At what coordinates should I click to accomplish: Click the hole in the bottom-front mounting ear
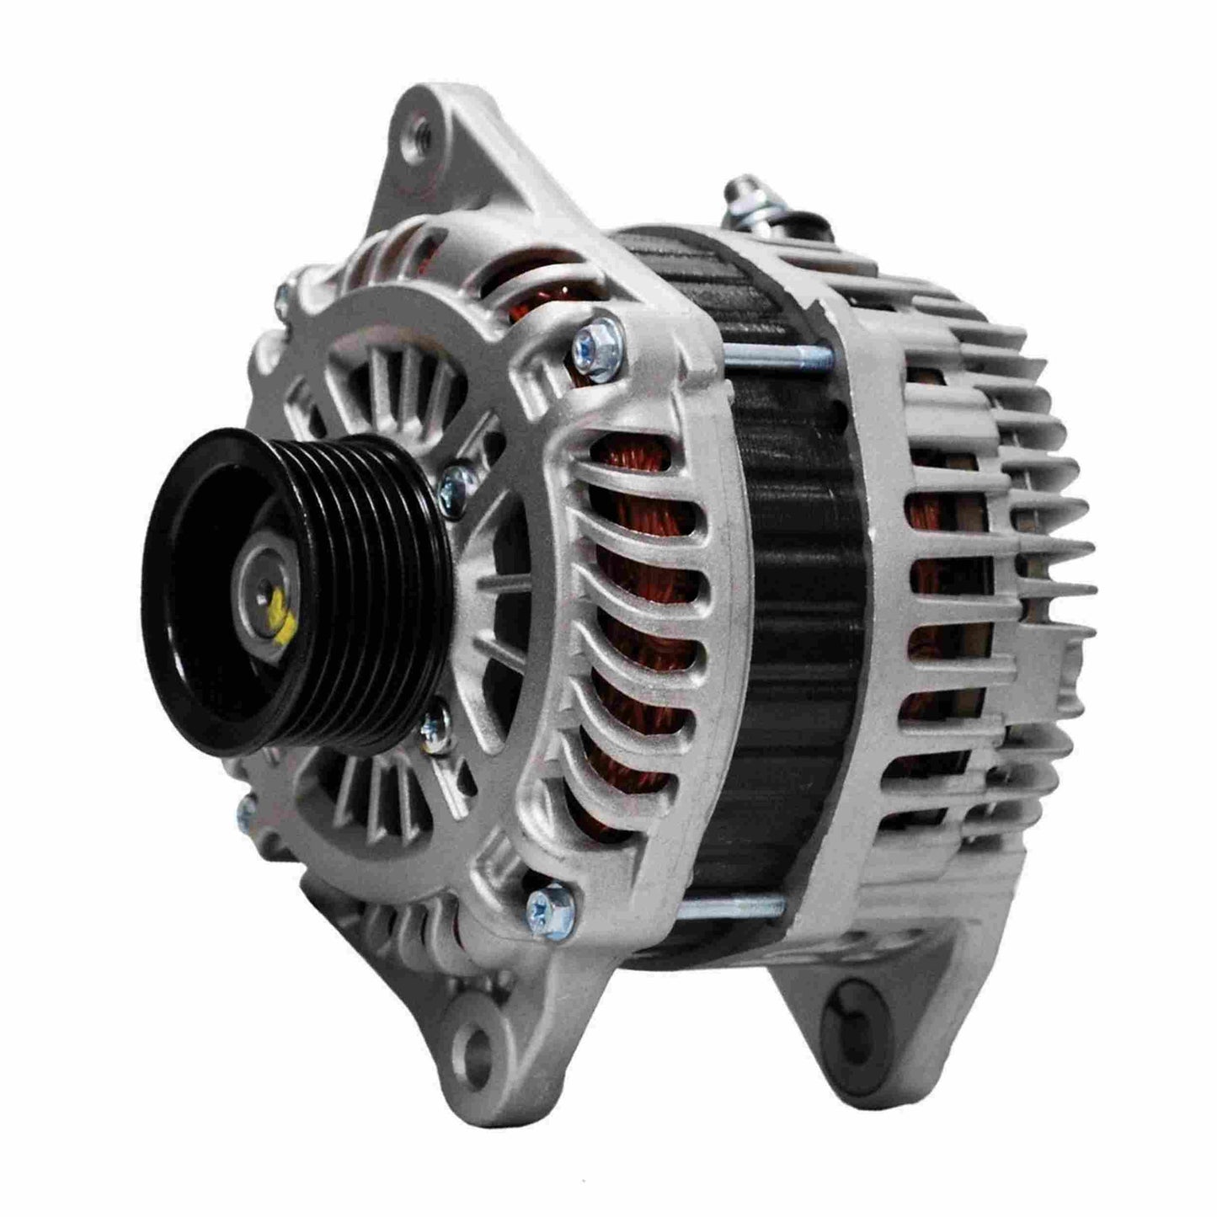click(474, 1045)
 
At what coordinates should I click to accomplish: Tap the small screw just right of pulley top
click(457, 483)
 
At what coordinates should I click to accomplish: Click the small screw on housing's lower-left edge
click(247, 810)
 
